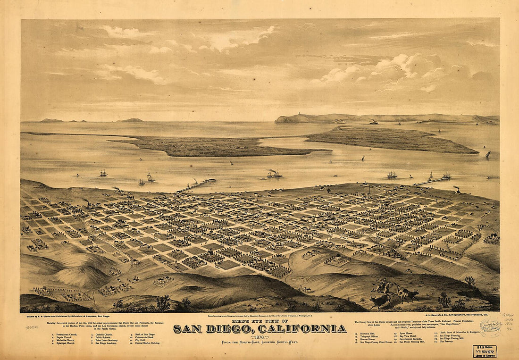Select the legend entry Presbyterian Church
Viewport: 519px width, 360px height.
point(67,335)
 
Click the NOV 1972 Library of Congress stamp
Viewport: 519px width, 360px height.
point(485,351)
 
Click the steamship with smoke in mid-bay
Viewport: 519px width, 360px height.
point(275,175)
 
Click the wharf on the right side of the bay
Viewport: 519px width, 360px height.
point(431,181)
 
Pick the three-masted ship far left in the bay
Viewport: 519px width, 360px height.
point(103,173)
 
